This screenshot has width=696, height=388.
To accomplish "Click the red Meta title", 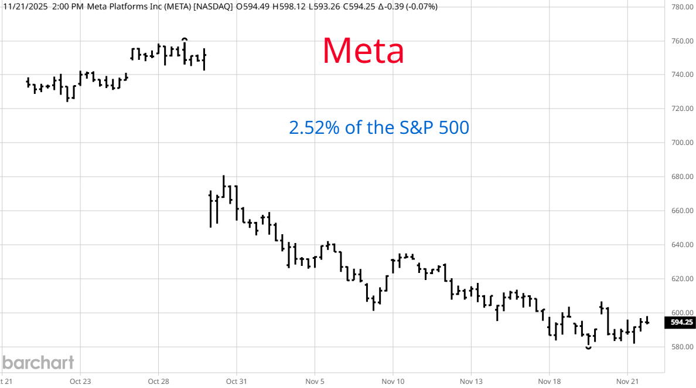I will pyautogui.click(x=363, y=51).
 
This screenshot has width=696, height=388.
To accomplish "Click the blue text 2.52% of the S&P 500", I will pyautogui.click(x=378, y=127).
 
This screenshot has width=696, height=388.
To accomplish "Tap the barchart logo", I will pyautogui.click(x=37, y=362).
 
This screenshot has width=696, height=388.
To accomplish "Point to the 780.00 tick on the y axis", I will pyautogui.click(x=682, y=7).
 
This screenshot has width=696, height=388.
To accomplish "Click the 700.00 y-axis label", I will pyautogui.click(x=682, y=143).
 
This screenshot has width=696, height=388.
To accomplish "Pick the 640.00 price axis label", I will pyautogui.click(x=682, y=245).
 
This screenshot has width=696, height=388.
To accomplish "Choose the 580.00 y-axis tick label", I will pyautogui.click(x=682, y=347).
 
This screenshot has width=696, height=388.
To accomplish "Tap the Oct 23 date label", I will pyautogui.click(x=80, y=381).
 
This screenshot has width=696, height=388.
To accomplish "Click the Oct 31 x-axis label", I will pyautogui.click(x=236, y=381).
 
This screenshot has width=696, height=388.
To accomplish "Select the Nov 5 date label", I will pyautogui.click(x=315, y=381).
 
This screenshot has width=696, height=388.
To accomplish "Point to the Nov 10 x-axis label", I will pyautogui.click(x=393, y=381).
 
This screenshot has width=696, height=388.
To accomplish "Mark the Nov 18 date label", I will pyautogui.click(x=550, y=381).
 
